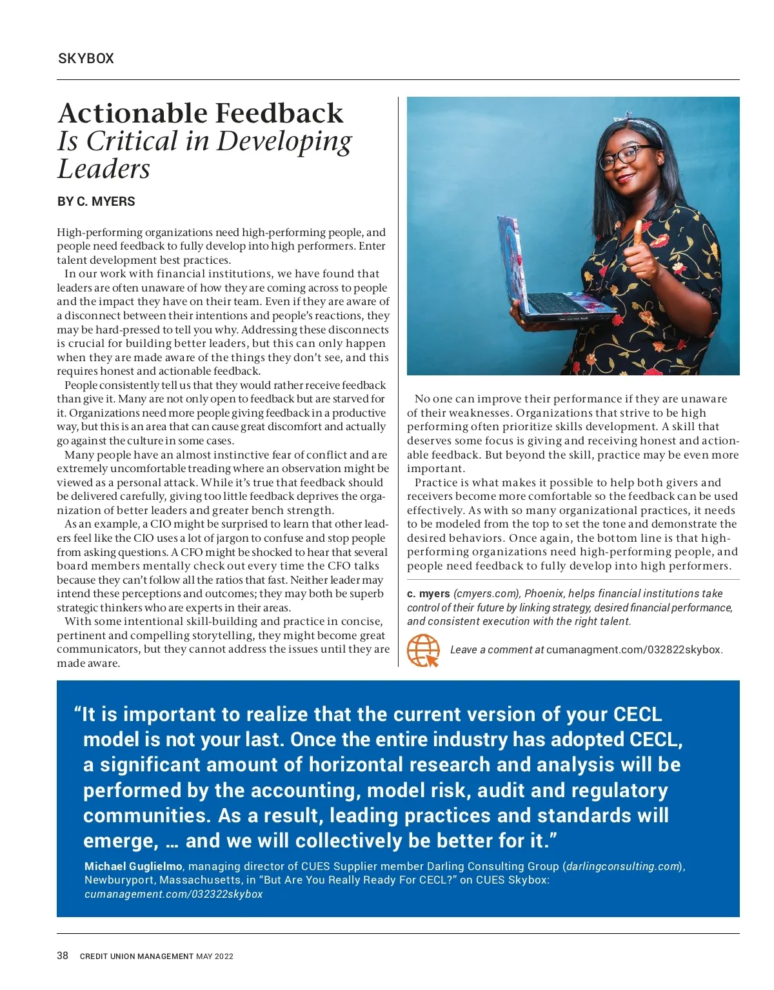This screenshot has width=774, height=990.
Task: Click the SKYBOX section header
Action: pos(86,59)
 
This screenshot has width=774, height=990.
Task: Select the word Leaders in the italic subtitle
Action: pos(104,169)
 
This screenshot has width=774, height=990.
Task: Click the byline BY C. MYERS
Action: pos(96,201)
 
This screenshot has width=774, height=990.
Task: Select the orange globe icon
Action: pos(423,650)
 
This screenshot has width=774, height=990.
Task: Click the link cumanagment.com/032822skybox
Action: pos(634,650)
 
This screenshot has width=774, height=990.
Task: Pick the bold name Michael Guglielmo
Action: pos(134,866)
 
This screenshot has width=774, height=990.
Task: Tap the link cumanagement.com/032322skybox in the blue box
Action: pos(174,894)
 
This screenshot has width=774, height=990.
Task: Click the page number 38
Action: pos(63,956)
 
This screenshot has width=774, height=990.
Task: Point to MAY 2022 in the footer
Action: pos(215,956)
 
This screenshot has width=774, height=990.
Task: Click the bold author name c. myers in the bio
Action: pos(428,593)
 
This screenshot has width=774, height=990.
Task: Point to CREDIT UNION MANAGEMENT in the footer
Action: pos(136,956)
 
